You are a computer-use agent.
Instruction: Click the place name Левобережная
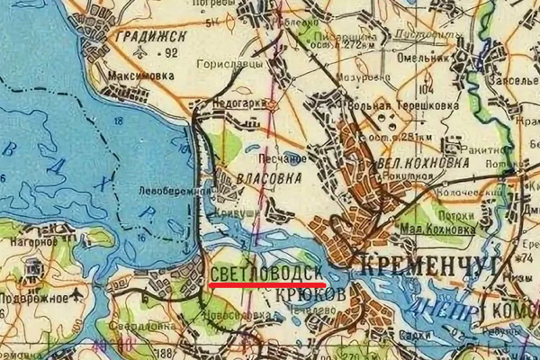171,192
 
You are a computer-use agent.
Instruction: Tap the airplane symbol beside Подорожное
81,294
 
